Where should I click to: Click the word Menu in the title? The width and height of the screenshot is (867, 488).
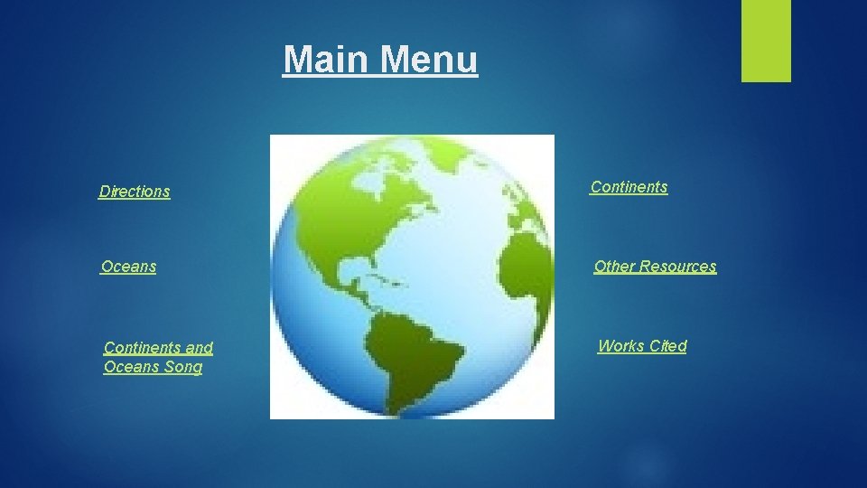point(429,61)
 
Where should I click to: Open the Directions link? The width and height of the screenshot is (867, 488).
point(135,192)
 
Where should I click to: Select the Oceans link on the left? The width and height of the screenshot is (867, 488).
point(128,267)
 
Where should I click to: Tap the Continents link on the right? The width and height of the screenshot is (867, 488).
point(629,187)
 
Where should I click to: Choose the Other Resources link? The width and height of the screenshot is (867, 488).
point(655,267)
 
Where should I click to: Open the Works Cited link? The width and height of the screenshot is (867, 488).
point(642,346)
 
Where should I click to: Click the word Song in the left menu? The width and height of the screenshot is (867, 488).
point(179,368)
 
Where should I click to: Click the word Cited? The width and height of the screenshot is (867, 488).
point(667,346)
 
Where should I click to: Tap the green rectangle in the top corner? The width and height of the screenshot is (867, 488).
point(766,41)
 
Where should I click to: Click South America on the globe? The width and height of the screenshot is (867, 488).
point(415,352)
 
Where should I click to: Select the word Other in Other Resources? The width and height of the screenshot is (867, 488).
point(614,267)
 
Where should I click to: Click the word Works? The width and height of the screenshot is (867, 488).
point(620,346)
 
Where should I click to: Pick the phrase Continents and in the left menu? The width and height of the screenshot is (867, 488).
point(158,348)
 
